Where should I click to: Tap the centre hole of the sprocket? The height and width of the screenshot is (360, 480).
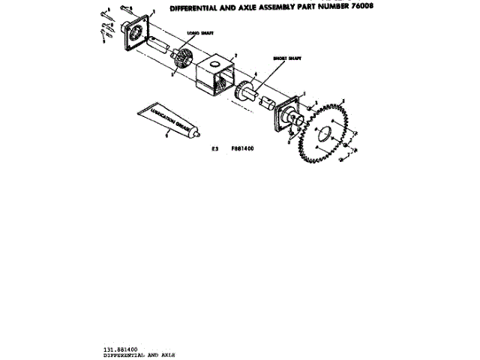[x=325, y=135]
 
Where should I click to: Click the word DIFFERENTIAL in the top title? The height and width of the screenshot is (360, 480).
[x=196, y=9]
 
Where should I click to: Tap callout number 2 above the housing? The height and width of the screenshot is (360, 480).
[x=235, y=55]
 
